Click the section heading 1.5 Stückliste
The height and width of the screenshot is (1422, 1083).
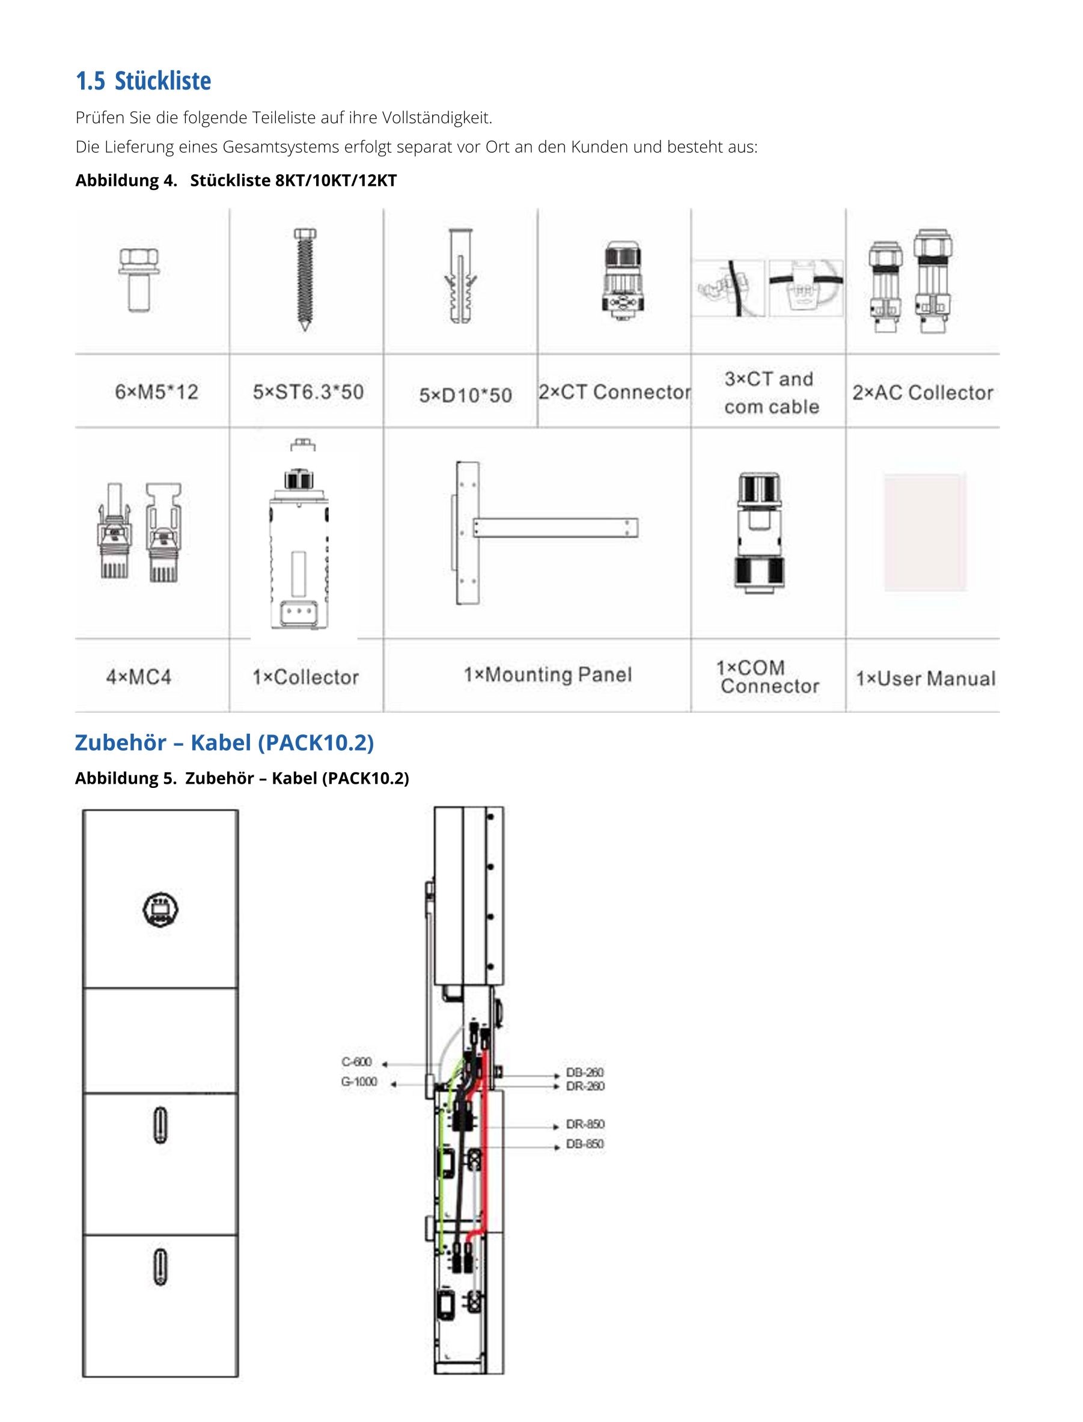click(143, 81)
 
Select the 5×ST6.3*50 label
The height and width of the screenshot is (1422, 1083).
click(308, 391)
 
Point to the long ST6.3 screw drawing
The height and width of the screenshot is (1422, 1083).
click(305, 279)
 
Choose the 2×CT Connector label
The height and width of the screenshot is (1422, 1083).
click(614, 391)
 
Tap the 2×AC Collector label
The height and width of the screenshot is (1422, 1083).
click(923, 392)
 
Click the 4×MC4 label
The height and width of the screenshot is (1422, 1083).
click(139, 677)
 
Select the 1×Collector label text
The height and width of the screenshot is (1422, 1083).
click(305, 677)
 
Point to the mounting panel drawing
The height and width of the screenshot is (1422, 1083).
click(547, 532)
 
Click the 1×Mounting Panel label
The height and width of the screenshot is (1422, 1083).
click(548, 674)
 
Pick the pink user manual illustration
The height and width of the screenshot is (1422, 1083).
click(925, 532)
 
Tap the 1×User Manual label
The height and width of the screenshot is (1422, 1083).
click(926, 678)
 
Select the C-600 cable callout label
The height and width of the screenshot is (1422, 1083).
click(356, 1061)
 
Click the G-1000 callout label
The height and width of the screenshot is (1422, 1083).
click(359, 1081)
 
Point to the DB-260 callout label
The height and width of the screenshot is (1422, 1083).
click(585, 1072)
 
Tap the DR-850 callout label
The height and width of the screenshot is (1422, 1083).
click(585, 1123)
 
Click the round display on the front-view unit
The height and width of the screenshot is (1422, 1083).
click(160, 909)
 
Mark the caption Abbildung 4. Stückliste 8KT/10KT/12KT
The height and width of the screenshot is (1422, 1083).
click(236, 180)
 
